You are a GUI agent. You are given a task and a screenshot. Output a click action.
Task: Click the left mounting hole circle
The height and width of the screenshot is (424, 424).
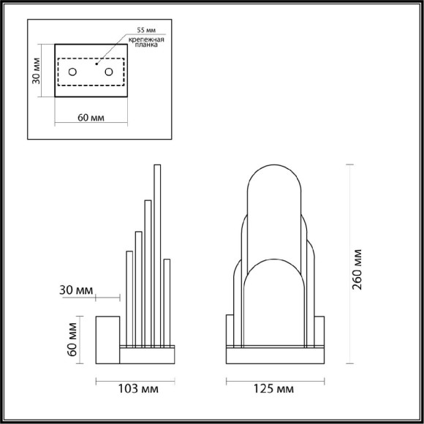pyautogui.click(x=72, y=72)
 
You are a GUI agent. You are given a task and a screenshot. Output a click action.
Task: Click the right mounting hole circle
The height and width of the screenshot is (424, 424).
pyautogui.click(x=109, y=72)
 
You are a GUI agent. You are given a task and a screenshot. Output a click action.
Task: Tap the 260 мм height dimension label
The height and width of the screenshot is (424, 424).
pyautogui.click(x=358, y=268)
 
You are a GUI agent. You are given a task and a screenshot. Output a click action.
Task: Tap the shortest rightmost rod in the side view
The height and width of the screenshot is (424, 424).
pyautogui.click(x=167, y=300)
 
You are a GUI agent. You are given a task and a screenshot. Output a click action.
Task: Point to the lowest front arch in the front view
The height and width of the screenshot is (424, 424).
pyautogui.click(x=273, y=300)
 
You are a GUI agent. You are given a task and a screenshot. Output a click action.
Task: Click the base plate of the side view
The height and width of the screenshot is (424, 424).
pyautogui.click(x=146, y=354)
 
